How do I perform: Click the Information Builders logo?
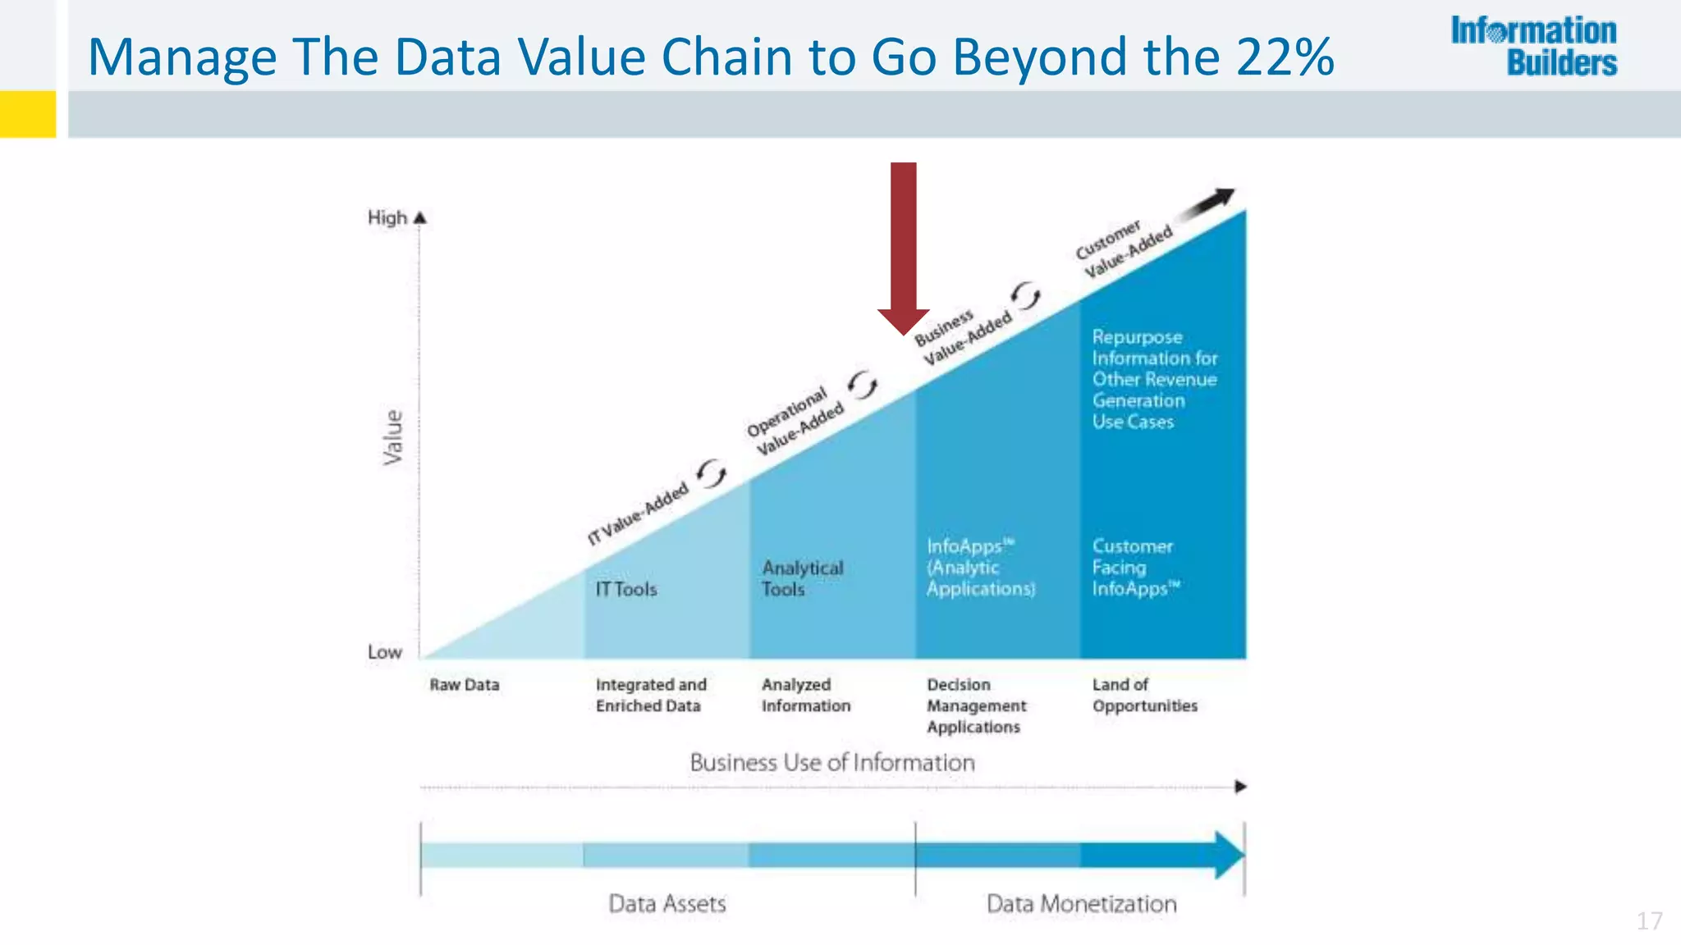(x=1533, y=47)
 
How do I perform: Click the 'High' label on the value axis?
(x=387, y=218)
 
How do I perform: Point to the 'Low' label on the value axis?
(x=384, y=652)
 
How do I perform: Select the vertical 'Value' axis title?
(x=394, y=438)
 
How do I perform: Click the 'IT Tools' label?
(x=626, y=589)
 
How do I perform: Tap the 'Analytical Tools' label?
(x=802, y=578)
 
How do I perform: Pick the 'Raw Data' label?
(x=465, y=685)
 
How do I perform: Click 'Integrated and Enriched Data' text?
(x=651, y=695)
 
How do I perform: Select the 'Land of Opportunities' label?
(x=1144, y=695)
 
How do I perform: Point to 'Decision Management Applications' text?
(x=976, y=705)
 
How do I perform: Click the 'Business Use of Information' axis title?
(x=832, y=763)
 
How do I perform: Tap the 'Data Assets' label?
(x=667, y=904)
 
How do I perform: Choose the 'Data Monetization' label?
(x=1081, y=904)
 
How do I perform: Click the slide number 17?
(x=1649, y=921)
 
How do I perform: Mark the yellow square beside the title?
(x=28, y=113)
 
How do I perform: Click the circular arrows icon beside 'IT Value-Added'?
(x=712, y=473)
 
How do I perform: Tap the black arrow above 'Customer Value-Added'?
(x=1208, y=203)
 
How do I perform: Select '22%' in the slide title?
(x=1285, y=57)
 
